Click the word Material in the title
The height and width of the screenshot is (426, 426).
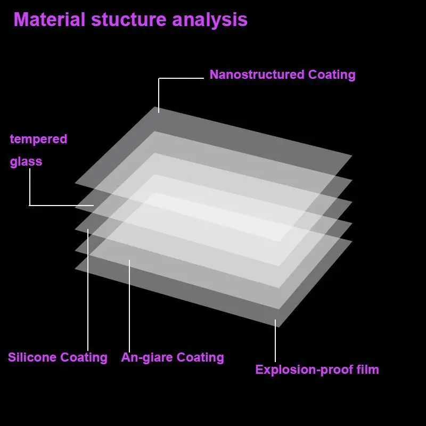(x=49, y=20)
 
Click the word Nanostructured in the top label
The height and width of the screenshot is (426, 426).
(x=257, y=75)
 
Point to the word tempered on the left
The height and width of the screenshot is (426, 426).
(x=38, y=140)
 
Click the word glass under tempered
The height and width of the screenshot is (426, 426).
(x=26, y=161)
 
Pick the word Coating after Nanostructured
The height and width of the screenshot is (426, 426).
(x=332, y=75)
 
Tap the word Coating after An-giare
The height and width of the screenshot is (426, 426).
(x=200, y=357)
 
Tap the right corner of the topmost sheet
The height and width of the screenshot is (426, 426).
(x=351, y=155)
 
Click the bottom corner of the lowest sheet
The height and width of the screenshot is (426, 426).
(x=278, y=326)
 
